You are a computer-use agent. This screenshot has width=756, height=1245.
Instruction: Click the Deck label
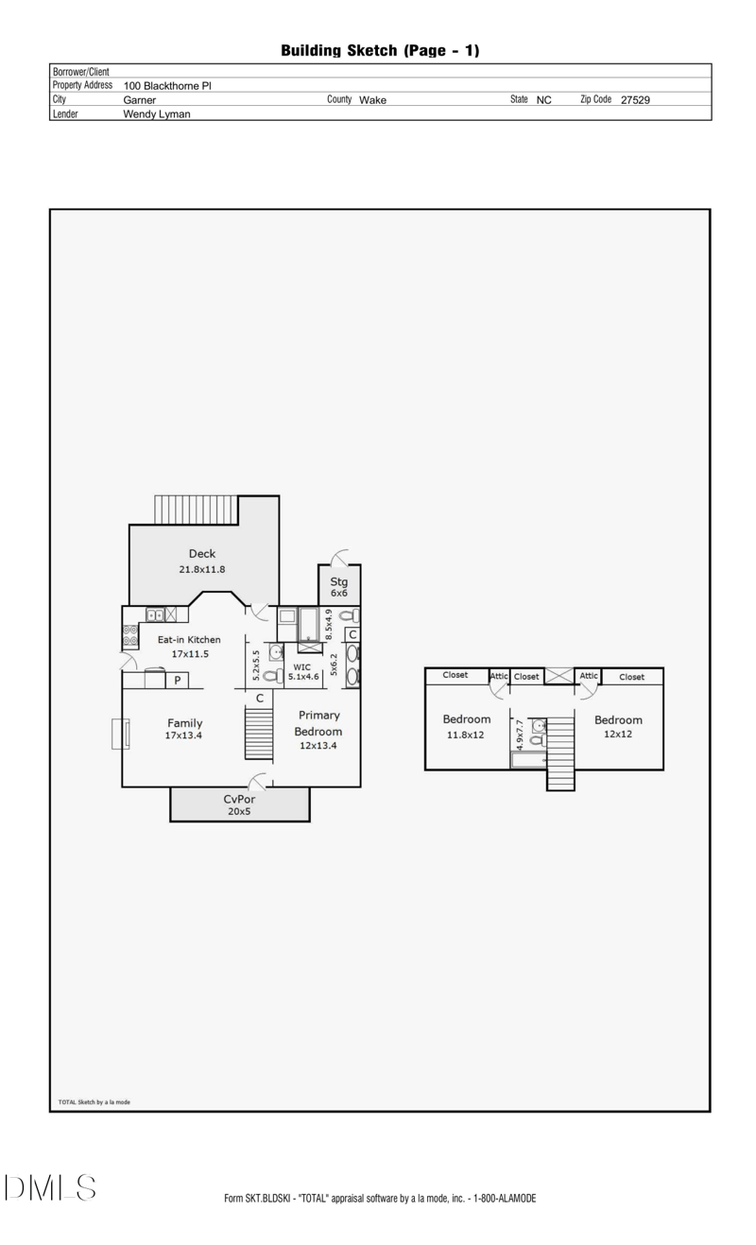point(202,554)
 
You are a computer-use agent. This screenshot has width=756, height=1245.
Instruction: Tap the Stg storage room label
point(339,581)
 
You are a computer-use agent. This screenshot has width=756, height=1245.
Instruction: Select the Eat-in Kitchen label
point(189,640)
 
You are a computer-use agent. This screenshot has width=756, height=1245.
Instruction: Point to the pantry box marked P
point(177,680)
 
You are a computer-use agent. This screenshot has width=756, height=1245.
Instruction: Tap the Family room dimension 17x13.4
point(184,735)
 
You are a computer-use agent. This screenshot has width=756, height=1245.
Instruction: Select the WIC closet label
point(301,666)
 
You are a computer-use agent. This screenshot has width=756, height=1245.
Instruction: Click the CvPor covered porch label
point(239,799)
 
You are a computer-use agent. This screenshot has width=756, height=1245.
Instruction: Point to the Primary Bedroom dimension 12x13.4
point(318,745)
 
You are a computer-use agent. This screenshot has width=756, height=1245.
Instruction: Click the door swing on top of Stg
point(340,557)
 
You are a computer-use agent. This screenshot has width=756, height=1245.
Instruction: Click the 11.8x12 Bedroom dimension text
point(466,735)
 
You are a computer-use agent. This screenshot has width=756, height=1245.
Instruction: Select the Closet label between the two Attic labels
point(527,677)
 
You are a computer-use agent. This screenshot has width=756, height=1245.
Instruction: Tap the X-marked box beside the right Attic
point(558,677)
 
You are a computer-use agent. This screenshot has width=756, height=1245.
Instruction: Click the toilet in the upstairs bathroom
point(537,739)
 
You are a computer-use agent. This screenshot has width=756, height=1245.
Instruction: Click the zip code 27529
point(634,99)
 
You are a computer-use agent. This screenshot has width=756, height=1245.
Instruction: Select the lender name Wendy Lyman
point(157,113)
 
